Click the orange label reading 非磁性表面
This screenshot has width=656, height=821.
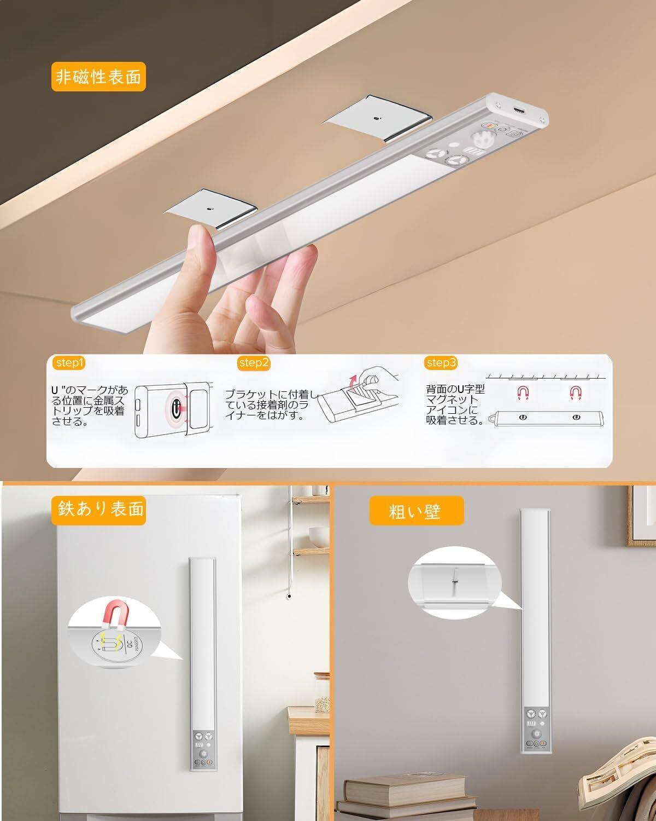pyautogui.click(x=98, y=77)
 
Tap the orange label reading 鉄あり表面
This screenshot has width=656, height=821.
pyautogui.click(x=98, y=510)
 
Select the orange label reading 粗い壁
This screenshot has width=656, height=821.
pyautogui.click(x=416, y=511)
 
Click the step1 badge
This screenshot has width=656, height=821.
pyautogui.click(x=69, y=363)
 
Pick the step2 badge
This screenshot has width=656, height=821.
pyautogui.click(x=254, y=363)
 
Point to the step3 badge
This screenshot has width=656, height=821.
pyautogui.click(x=441, y=363)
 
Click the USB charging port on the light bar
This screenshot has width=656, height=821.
pyautogui.click(x=519, y=109)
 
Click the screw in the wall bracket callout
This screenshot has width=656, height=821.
pyautogui.click(x=454, y=576)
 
